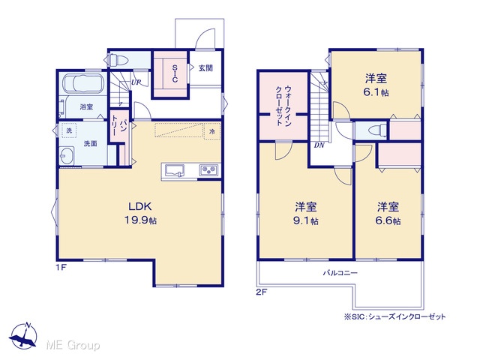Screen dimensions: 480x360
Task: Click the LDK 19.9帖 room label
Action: point(140,213)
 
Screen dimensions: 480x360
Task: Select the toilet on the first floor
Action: point(118,60)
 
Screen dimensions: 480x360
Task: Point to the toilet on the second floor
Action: point(376,130)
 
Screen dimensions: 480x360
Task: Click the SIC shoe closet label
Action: point(175,73)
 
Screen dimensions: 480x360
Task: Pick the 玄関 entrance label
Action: point(205,68)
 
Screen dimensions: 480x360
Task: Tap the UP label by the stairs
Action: point(136,82)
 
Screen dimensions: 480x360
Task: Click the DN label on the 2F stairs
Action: point(319,145)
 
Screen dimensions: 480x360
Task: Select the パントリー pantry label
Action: point(118,126)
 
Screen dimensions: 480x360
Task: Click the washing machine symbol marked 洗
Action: point(69,130)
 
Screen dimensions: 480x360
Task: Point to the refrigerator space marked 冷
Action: point(212,131)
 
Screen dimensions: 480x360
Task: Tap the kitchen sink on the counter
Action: point(175,170)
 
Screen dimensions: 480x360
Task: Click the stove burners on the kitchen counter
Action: point(209,170)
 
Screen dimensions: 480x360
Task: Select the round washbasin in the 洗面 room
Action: point(67,155)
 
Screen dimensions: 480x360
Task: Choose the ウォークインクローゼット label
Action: point(283,106)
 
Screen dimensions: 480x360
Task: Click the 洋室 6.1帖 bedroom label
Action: point(376,85)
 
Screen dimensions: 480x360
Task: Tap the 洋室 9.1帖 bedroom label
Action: point(306,214)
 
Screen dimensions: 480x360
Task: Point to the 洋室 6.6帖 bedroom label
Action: point(388,214)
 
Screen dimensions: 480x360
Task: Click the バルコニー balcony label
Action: point(340,273)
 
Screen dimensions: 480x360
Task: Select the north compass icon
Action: point(23,335)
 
